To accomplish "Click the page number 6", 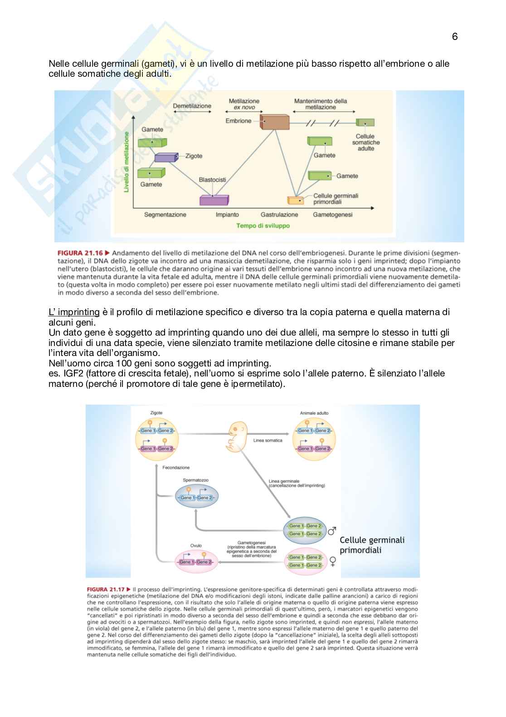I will tap(455, 37).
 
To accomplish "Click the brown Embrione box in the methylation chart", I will tap(275, 122).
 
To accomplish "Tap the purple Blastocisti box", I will tap(214, 200).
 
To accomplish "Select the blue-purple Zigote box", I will tap(166, 157).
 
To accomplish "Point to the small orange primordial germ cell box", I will tap(296, 200).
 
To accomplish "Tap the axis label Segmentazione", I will tap(165, 215).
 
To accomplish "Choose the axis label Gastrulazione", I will tap(279, 215).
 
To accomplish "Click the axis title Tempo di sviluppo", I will tap(263, 226).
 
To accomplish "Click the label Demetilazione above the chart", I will tap(192, 106).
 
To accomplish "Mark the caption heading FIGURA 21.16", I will tap(80, 253).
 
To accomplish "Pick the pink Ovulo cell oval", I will tap(196, 561).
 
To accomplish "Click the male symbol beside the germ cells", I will tap(332, 530).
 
